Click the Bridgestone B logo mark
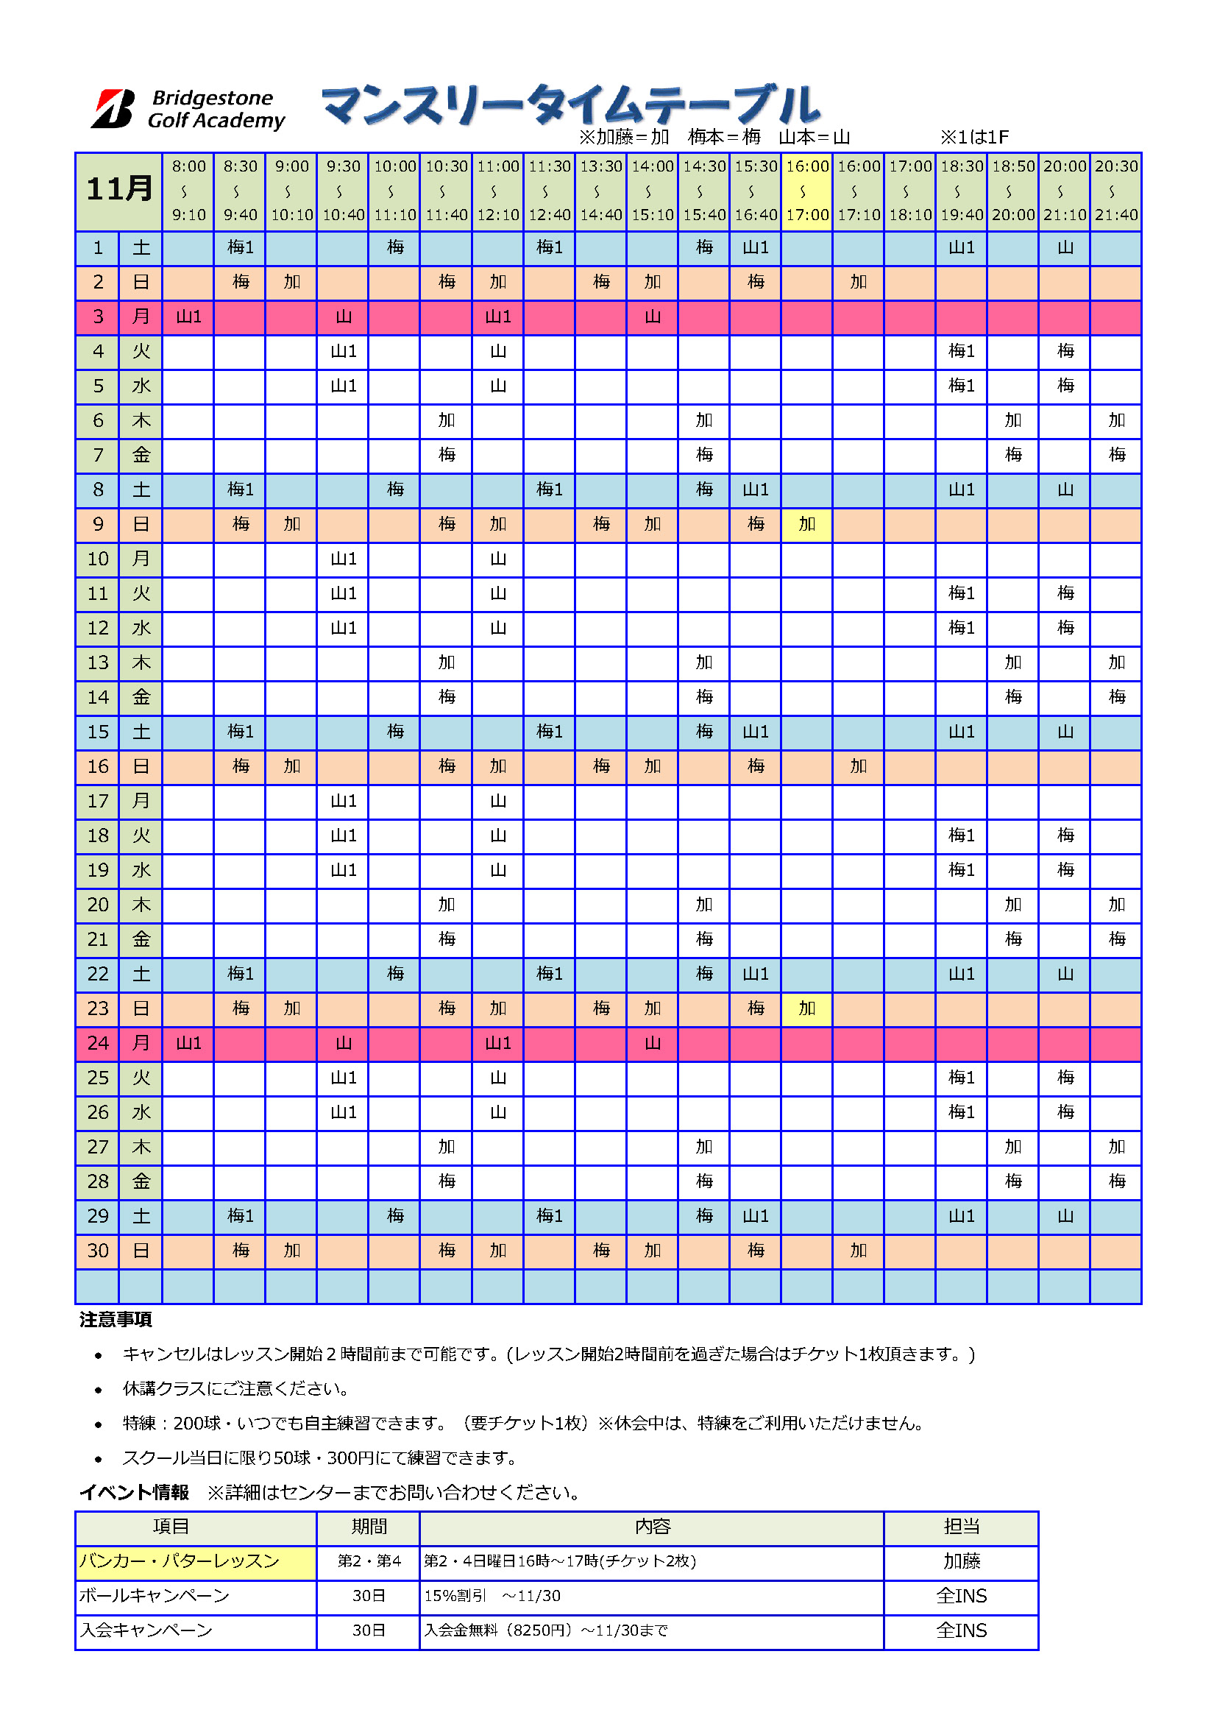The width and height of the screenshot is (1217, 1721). coord(113,109)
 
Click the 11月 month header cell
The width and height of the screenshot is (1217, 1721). coord(118,191)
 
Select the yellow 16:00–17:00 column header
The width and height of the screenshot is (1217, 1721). coord(807,191)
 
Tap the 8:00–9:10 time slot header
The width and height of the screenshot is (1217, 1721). coord(188,191)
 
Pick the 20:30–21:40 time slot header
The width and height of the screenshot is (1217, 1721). coord(1116,191)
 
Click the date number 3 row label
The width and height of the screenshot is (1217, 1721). coord(98,317)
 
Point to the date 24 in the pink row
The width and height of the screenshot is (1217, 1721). coord(98,1043)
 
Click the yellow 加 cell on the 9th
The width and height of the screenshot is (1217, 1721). coord(807,524)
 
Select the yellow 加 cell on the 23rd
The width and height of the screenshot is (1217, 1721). coord(807,1008)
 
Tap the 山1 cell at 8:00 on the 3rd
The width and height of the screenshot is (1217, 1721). coord(188,317)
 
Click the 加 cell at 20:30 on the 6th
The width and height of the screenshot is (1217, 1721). coord(1116,420)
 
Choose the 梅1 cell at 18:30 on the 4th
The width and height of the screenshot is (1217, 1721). coord(962,352)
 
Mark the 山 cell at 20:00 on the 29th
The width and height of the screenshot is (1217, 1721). coord(1065,1216)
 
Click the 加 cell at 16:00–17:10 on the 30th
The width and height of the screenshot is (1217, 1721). coord(859,1251)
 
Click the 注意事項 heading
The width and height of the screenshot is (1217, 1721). coord(116,1320)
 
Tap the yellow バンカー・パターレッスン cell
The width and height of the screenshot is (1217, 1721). coord(196,1561)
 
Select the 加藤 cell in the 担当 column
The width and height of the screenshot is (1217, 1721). coord(962,1561)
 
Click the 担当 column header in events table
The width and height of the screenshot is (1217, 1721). coord(962,1527)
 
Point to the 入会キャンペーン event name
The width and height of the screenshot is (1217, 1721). coord(147,1630)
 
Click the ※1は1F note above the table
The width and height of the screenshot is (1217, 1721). coord(974,137)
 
